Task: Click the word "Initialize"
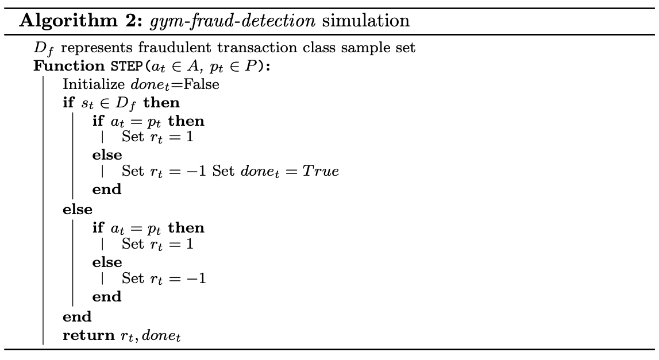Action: coord(93,84)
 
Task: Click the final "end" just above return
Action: coord(77,316)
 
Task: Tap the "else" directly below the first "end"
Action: coord(77,210)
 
